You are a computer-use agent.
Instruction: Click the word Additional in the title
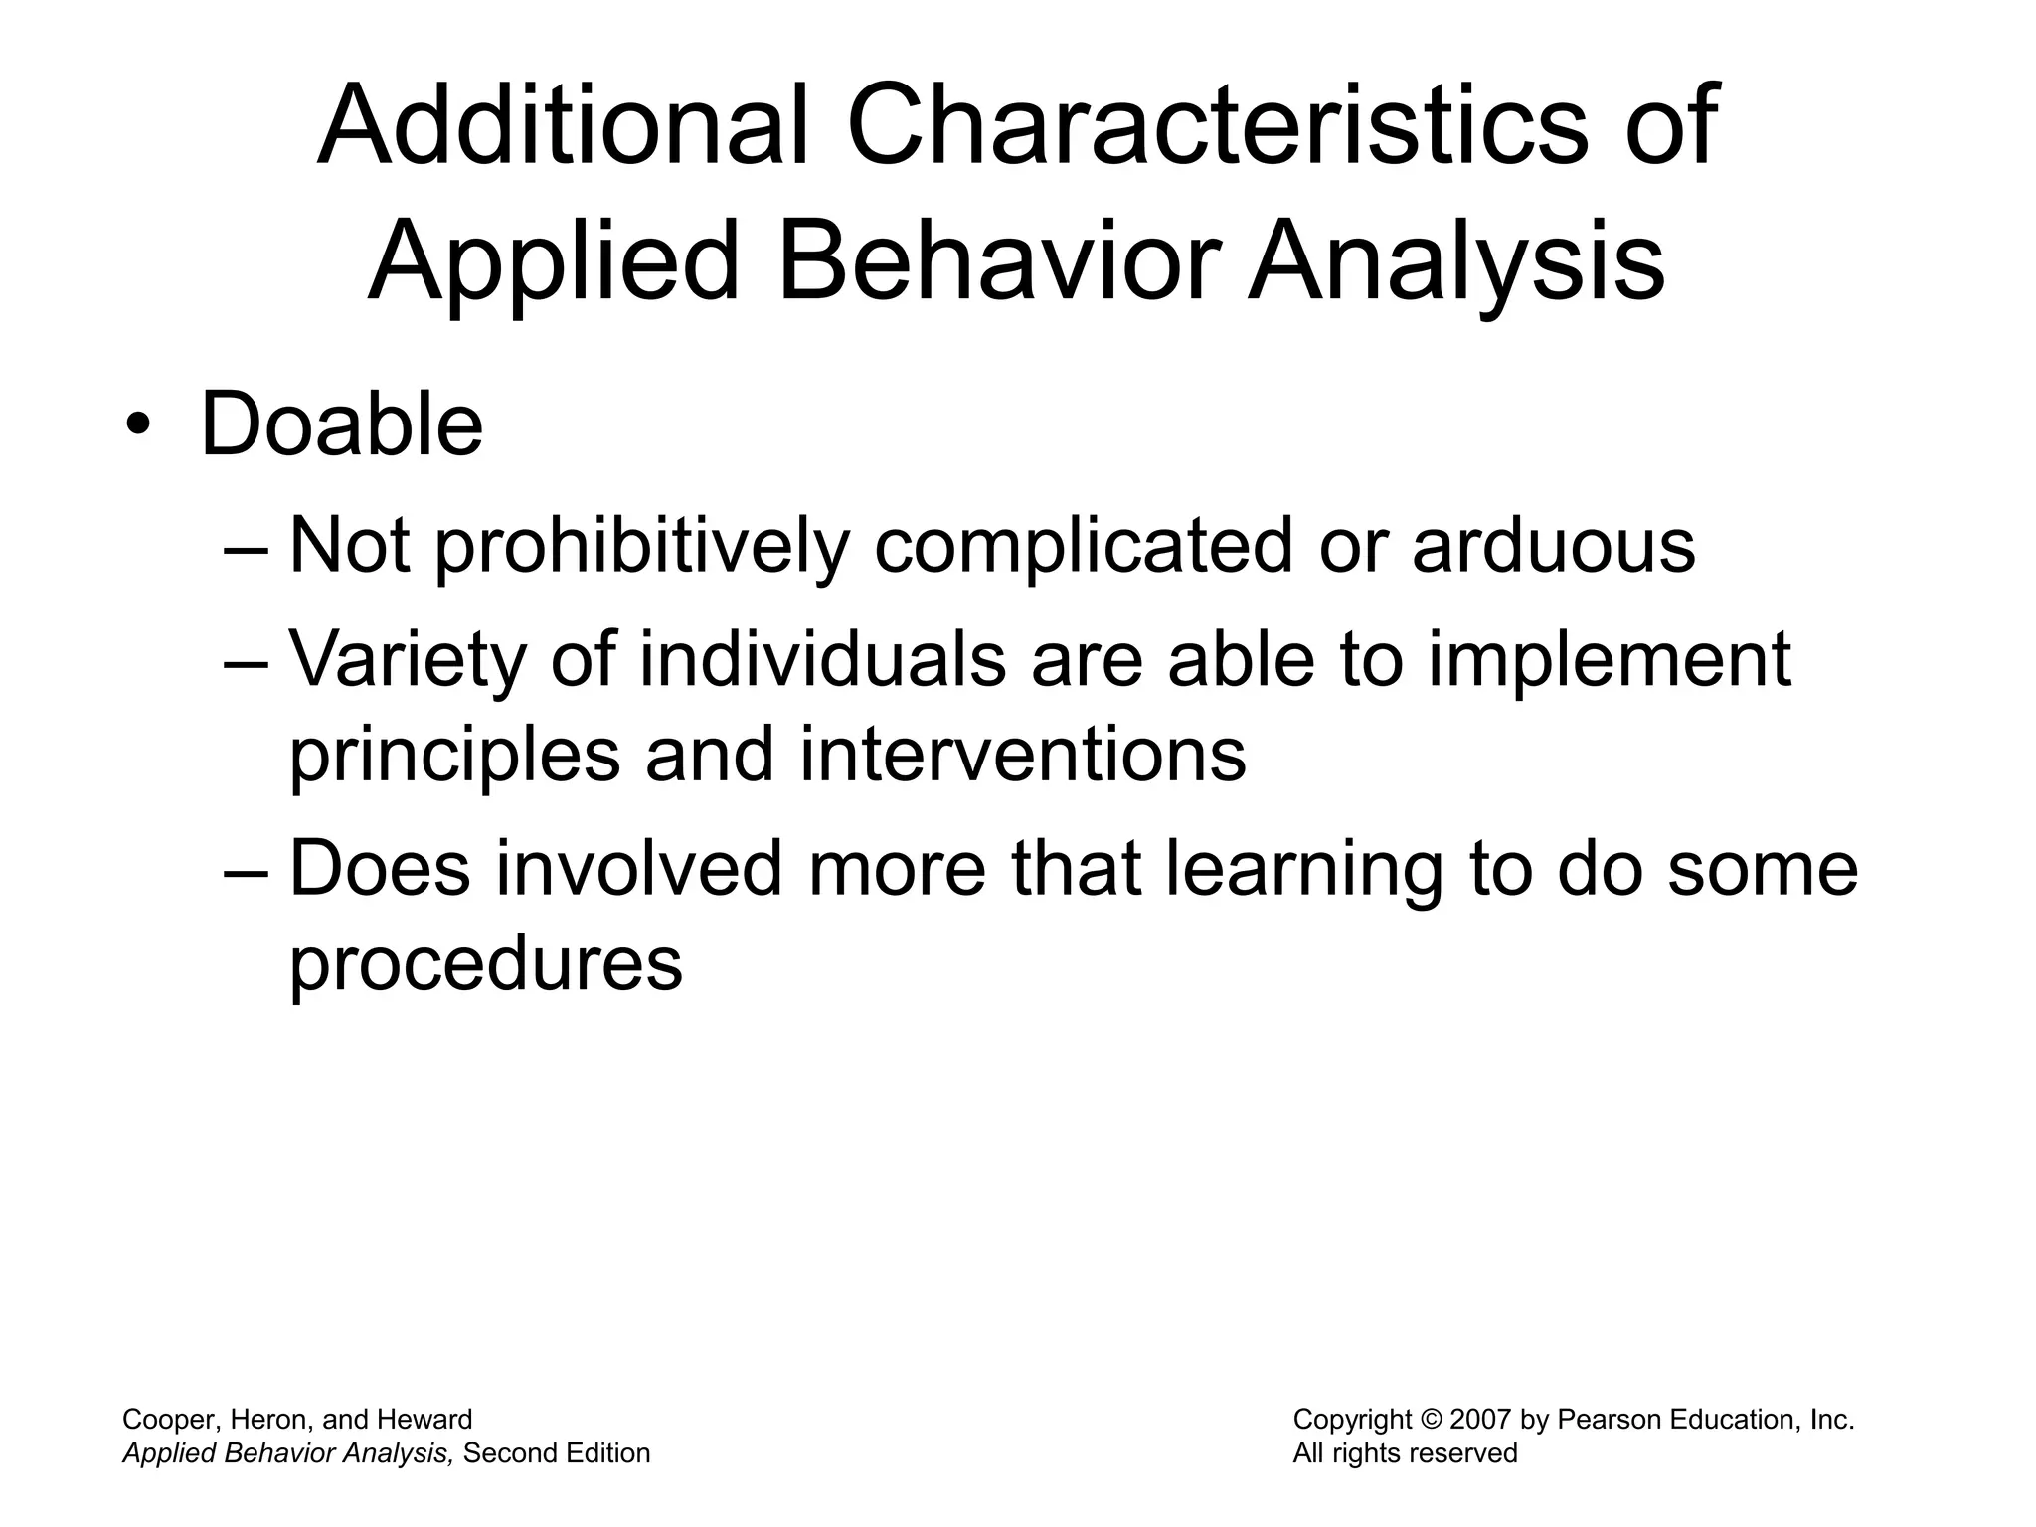click(x=563, y=126)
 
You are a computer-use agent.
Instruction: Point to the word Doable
click(x=342, y=425)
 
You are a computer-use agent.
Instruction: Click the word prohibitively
click(x=642, y=547)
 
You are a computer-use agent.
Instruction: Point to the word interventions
click(x=1022, y=754)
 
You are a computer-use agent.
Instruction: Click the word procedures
click(x=485, y=963)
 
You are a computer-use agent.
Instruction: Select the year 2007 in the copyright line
click(x=1481, y=1420)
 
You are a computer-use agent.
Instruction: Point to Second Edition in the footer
click(x=557, y=1453)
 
